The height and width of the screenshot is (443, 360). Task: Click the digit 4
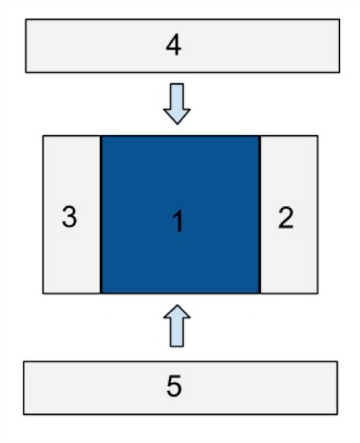tap(174, 45)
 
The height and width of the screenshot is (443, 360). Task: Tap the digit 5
tap(174, 386)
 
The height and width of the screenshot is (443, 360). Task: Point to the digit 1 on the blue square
tap(178, 221)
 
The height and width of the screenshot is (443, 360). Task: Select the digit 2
tap(285, 218)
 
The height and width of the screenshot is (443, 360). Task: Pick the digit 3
tap(69, 217)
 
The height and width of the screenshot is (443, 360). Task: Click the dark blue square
tap(180, 214)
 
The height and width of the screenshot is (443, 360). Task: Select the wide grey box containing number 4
tap(183, 46)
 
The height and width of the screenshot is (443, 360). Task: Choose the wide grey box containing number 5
tap(181, 388)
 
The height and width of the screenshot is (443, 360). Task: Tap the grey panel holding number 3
tap(72, 214)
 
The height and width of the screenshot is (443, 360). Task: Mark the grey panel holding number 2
tap(289, 214)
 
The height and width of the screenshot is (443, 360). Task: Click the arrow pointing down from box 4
tap(177, 104)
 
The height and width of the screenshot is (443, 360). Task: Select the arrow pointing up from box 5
tap(177, 326)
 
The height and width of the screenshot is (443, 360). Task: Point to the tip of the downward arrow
tap(177, 124)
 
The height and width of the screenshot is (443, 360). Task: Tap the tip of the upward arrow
tap(177, 305)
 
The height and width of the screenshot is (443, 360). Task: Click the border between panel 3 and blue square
tap(101, 214)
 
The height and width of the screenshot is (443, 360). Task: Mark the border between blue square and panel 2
tap(260, 214)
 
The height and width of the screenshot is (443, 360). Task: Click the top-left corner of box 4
tap(25, 19)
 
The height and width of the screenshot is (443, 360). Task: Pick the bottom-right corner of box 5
tap(337, 414)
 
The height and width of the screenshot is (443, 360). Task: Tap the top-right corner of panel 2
tap(318, 136)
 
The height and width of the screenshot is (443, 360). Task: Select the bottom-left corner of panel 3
tap(43, 294)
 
